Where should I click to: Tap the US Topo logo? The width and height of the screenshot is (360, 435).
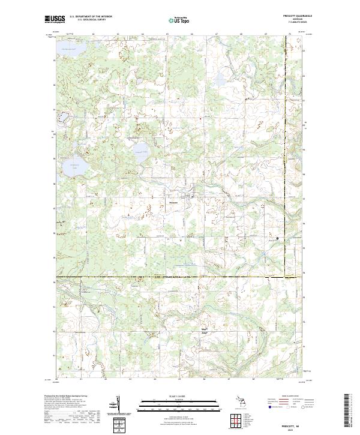click(181, 20)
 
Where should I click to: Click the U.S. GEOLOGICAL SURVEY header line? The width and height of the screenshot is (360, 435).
click(90, 20)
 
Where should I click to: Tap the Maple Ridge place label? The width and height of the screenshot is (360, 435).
click(204, 331)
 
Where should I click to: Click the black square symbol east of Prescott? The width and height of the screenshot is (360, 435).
click(278, 238)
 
